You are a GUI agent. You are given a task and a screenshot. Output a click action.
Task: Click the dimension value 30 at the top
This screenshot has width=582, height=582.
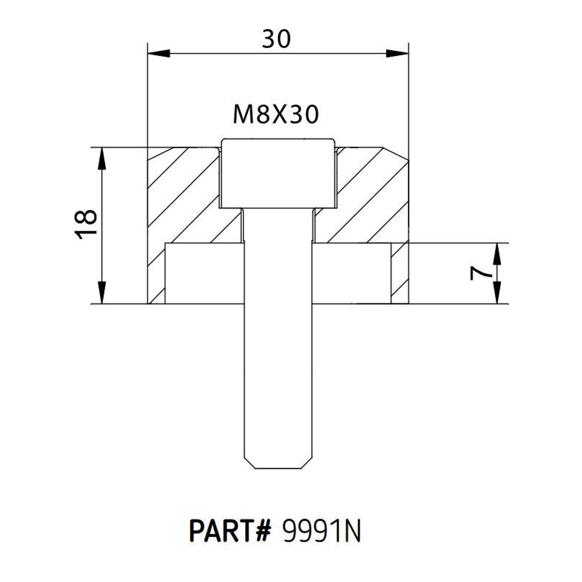point(276,39)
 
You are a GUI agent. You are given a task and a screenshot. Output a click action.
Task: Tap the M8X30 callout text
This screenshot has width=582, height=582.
point(276,115)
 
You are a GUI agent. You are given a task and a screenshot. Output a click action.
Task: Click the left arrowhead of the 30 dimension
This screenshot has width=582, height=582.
point(158,53)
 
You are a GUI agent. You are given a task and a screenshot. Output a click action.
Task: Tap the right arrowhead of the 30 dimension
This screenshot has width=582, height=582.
point(397,53)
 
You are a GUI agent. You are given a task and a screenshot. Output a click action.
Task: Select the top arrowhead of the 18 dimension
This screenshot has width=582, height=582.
point(102,158)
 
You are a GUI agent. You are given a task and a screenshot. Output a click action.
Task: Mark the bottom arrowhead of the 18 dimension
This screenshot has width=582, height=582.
point(102,292)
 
